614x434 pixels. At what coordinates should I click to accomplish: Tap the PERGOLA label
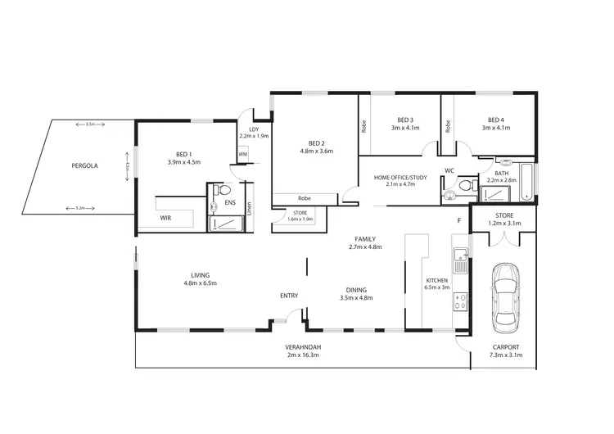click(84, 165)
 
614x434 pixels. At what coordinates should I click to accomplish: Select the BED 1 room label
click(183, 153)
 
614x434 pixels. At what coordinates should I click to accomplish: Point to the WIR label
click(165, 219)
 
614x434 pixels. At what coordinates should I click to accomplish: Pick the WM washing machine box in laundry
click(243, 154)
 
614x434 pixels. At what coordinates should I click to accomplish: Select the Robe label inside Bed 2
click(305, 197)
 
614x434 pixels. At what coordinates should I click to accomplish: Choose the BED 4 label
click(496, 119)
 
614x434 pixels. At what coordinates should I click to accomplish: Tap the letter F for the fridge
click(459, 220)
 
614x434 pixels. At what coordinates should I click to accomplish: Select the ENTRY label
click(289, 296)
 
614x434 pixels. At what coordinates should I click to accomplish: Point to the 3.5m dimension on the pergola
click(90, 124)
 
